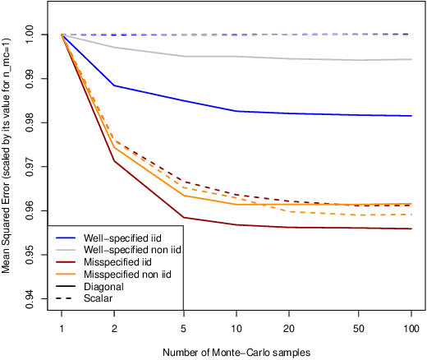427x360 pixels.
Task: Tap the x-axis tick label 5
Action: pos(184,328)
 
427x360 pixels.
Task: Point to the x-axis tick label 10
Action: pos(236,328)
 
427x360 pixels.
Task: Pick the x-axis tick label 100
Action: pos(411,328)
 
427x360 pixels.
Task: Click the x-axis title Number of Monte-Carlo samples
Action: pos(236,353)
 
